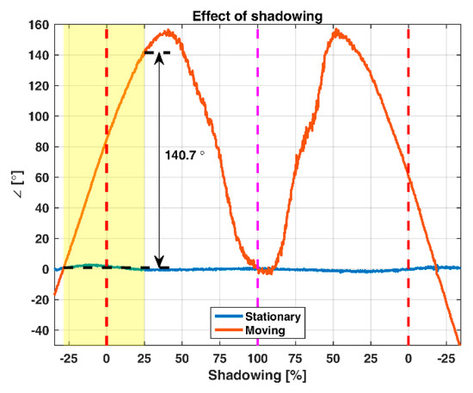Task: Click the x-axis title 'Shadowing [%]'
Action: (x=257, y=377)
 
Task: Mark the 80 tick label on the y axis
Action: (x=40, y=147)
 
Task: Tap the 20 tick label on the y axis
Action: (x=40, y=238)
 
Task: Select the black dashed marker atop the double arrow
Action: (x=158, y=53)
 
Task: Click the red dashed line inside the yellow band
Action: (x=107, y=215)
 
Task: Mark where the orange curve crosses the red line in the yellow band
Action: (x=107, y=138)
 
